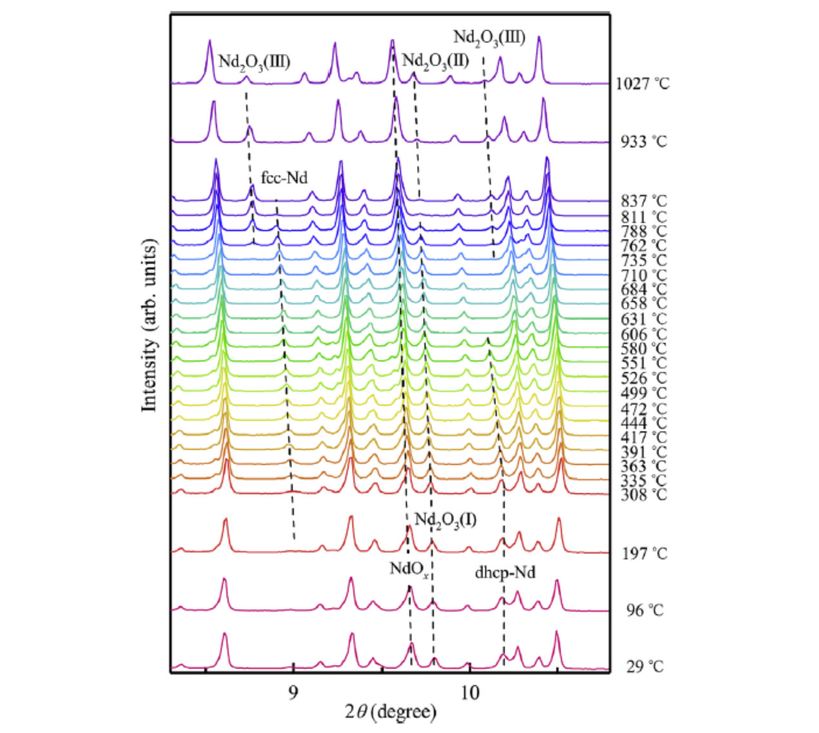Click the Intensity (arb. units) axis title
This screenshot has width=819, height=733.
(149, 326)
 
